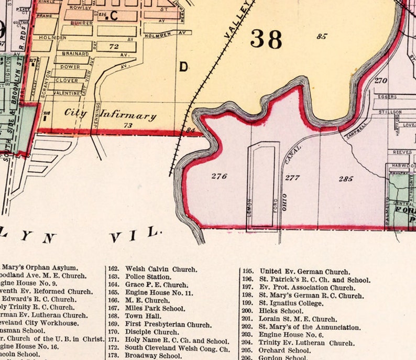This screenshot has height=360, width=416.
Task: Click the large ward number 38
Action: click(266, 39)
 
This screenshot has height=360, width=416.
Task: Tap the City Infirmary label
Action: click(111, 114)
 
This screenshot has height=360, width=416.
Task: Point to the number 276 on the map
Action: click(219, 176)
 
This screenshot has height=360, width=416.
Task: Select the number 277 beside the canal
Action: click(292, 177)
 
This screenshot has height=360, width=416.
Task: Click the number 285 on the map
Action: click(345, 179)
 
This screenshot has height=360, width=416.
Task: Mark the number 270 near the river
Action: click(380, 81)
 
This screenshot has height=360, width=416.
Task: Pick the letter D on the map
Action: click(183, 67)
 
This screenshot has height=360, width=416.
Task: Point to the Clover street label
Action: click(67, 80)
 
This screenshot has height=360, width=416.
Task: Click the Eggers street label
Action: click(387, 97)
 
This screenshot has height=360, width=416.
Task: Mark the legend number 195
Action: click(248, 271)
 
